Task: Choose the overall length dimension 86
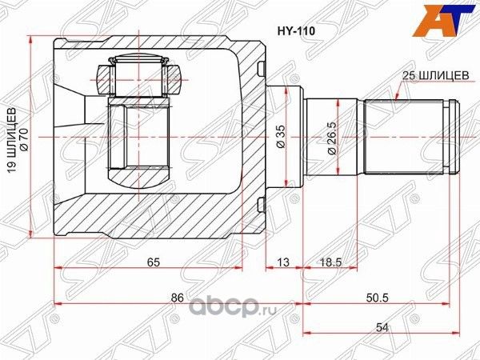click(x=178, y=298)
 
